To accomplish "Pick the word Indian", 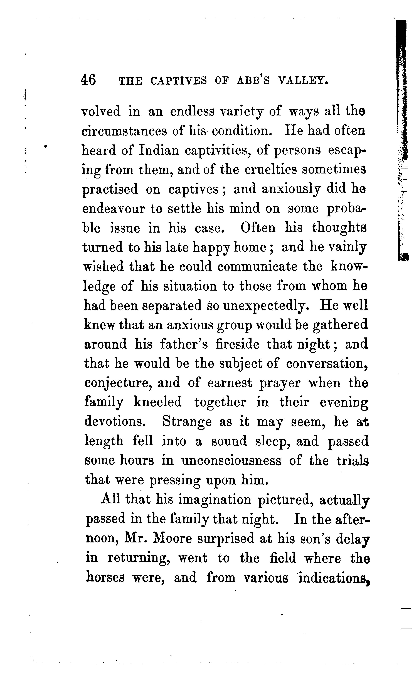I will point(158,150).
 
